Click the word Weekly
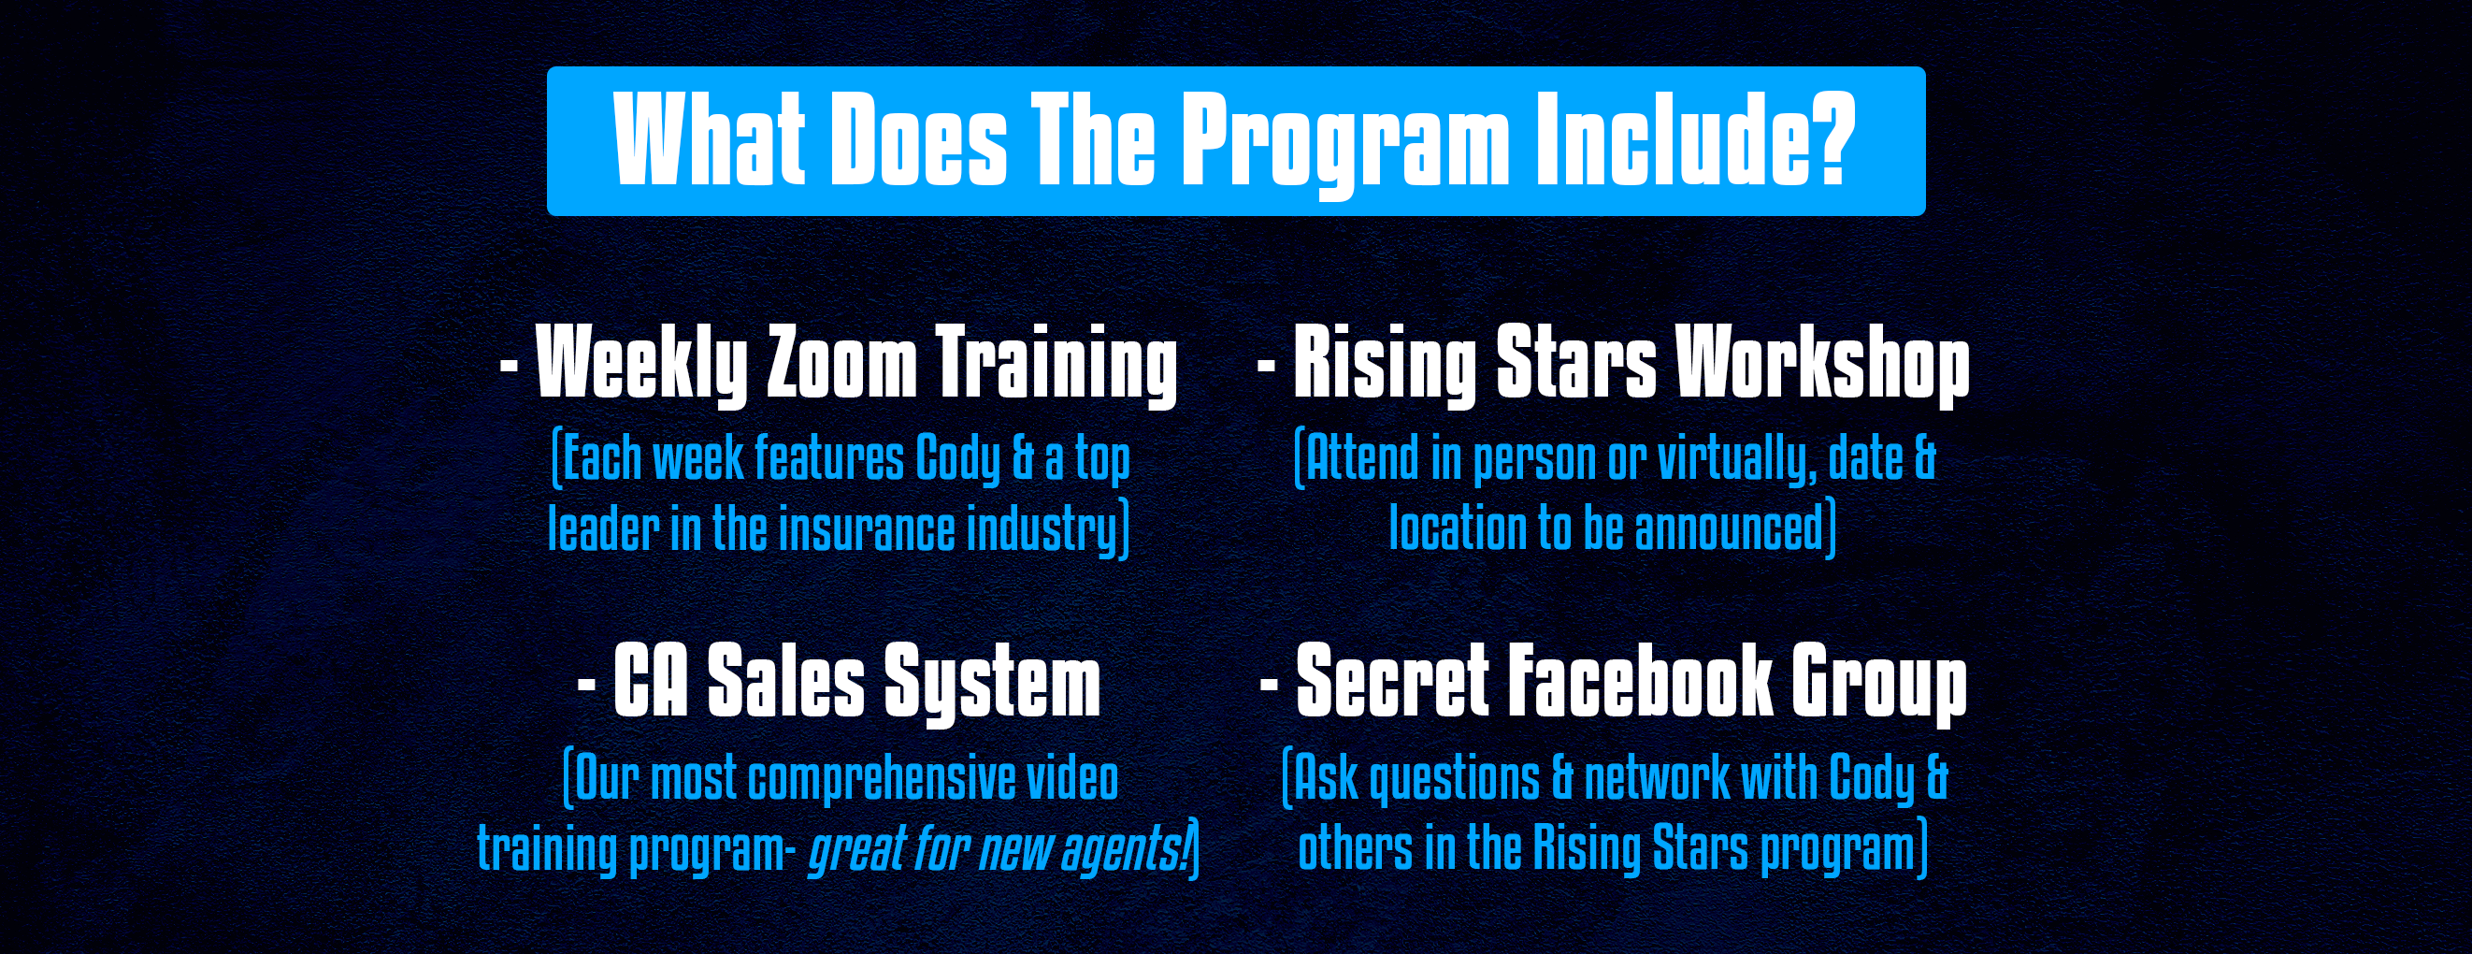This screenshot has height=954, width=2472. point(641,365)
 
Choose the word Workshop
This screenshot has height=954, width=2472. point(1822,365)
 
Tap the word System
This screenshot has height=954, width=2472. point(991,684)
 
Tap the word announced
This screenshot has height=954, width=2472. point(1729,528)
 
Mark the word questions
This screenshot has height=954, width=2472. point(1454,779)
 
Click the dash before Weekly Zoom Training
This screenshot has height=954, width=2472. point(510,365)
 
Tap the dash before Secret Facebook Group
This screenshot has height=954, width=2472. point(1269,684)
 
